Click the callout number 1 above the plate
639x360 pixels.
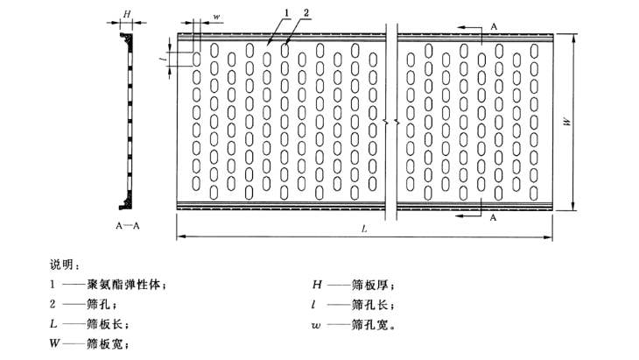[286, 13]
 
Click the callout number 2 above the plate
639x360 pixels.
[306, 13]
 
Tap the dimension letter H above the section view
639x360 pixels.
[127, 14]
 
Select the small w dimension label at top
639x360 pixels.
[216, 17]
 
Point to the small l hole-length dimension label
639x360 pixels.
[164, 59]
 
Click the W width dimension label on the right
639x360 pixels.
[566, 122]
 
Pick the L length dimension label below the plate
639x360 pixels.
[364, 229]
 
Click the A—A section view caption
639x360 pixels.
[128, 226]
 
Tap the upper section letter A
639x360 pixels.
[494, 27]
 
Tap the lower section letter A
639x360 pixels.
[493, 218]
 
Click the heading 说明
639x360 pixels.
[62, 265]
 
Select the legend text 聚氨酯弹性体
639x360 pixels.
[123, 284]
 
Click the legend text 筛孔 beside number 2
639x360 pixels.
[99, 304]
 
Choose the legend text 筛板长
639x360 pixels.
[105, 324]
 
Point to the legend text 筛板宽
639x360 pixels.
[105, 343]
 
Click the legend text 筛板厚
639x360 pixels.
[369, 285]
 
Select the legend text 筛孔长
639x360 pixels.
[369, 304]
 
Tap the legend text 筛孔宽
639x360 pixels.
[369, 325]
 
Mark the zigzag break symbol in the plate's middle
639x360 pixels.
[391, 122]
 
